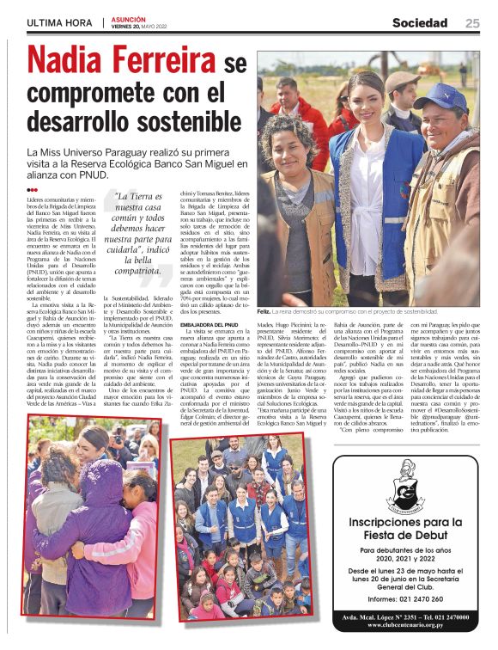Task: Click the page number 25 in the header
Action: [x=472, y=22]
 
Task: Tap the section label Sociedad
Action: [x=420, y=22]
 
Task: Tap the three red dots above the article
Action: [x=32, y=190]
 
